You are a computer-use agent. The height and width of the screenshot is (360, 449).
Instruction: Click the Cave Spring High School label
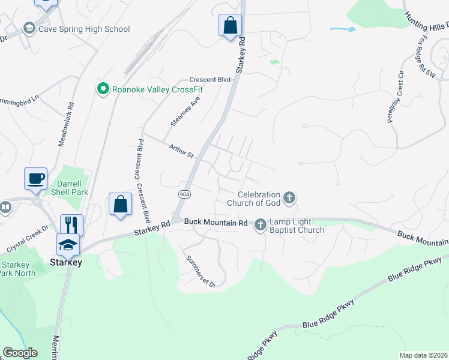tap(83, 28)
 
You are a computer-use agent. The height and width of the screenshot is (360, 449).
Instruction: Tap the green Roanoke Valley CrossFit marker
tap(103, 89)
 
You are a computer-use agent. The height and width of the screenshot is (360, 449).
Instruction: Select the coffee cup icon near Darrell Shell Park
tap(35, 178)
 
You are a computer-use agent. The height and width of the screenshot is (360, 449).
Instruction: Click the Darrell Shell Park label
tap(73, 188)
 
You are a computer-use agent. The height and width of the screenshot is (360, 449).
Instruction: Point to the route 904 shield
tap(184, 194)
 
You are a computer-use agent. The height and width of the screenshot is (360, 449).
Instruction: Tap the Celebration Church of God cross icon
tap(289, 197)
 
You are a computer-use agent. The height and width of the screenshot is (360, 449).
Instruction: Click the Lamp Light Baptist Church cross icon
tap(260, 224)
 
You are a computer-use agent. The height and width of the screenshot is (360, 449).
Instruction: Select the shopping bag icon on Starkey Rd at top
tap(230, 25)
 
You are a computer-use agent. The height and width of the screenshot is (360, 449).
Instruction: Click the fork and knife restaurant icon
tap(72, 224)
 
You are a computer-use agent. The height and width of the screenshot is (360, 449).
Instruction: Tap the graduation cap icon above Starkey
tap(68, 244)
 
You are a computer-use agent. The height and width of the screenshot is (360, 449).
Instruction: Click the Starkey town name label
tap(66, 262)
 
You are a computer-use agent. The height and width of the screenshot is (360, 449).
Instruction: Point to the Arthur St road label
tap(181, 151)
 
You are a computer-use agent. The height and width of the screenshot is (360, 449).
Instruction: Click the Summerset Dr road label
tap(200, 271)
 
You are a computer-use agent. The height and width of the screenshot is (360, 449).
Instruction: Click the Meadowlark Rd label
tap(66, 122)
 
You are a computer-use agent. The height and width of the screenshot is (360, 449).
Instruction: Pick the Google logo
tap(20, 353)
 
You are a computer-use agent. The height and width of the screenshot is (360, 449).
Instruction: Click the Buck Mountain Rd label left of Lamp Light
tap(216, 223)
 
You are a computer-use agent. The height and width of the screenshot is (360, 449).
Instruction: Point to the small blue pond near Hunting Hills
tap(343, 28)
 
